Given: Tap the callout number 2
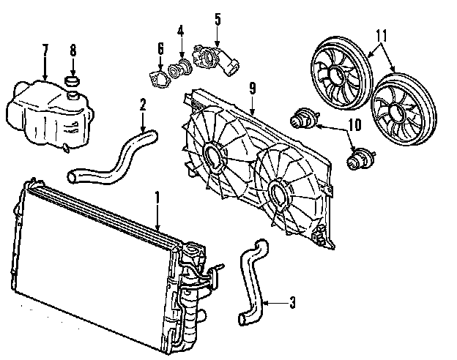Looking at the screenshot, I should (142, 105).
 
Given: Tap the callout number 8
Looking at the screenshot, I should (73, 50).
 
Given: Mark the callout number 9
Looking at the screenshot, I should (251, 89).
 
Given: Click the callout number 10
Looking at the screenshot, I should (354, 125).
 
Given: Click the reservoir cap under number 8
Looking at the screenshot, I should (72, 78).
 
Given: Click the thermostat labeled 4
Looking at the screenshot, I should (177, 70).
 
